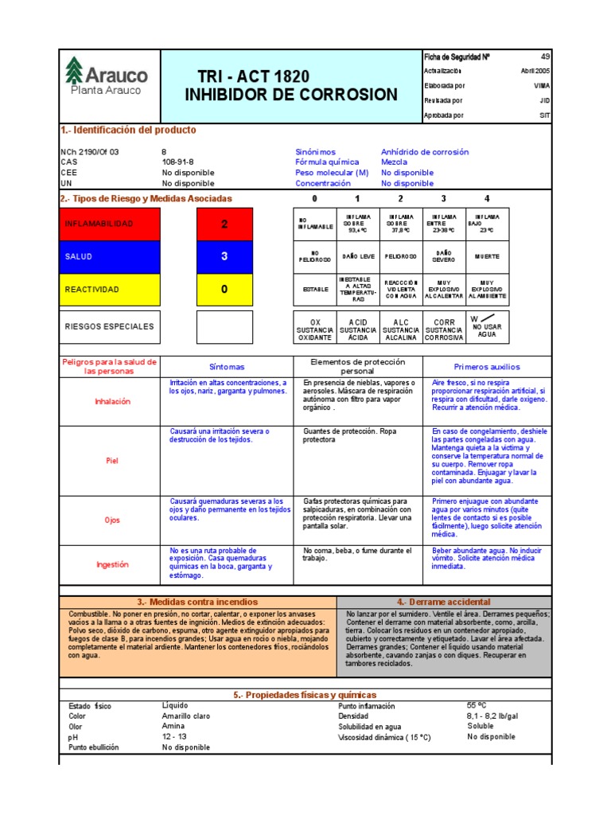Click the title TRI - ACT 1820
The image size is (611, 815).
tap(253, 77)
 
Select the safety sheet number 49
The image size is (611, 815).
tap(545, 57)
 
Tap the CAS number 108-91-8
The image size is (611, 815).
tap(179, 162)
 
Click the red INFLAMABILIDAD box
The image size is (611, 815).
tap(110, 224)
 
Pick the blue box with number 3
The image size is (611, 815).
tap(224, 256)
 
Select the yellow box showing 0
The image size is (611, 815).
tap(224, 289)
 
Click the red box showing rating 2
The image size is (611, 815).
tap(224, 224)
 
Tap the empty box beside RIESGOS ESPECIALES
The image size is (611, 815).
tap(224, 326)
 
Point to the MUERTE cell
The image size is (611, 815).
tap(487, 257)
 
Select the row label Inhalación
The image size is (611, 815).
tap(112, 401)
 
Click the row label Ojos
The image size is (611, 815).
tap(112, 520)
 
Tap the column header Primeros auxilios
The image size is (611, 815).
tap(486, 367)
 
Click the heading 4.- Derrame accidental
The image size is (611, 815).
tap(443, 602)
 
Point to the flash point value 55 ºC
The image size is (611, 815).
tap(477, 705)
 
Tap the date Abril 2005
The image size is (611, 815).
tap(535, 71)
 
